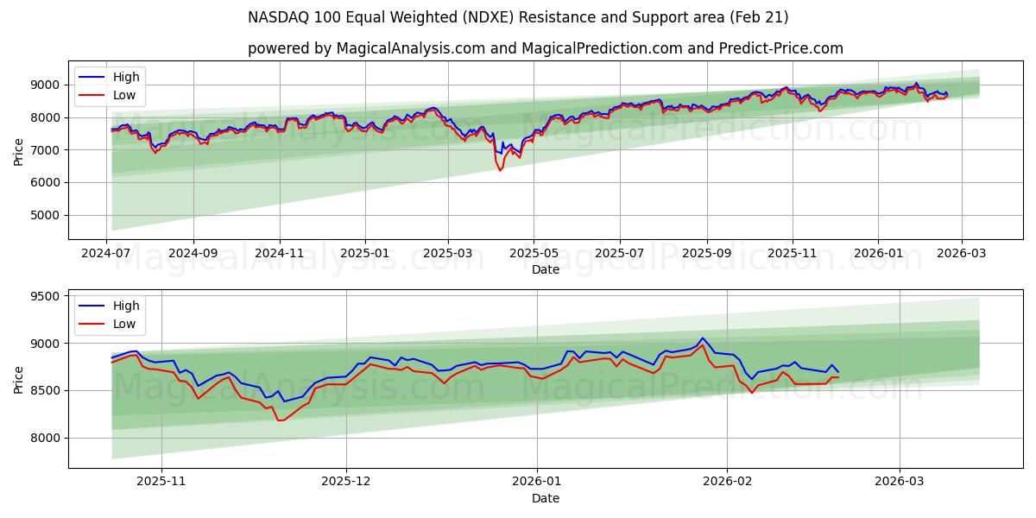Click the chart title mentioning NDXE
518,17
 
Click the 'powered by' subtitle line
545,48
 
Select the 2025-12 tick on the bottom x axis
346,480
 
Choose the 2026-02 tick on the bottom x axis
727,480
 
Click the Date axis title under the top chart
545,269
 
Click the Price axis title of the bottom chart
19,379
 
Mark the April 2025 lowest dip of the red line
500,170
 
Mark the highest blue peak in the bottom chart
702,338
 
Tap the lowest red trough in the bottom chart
280,420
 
